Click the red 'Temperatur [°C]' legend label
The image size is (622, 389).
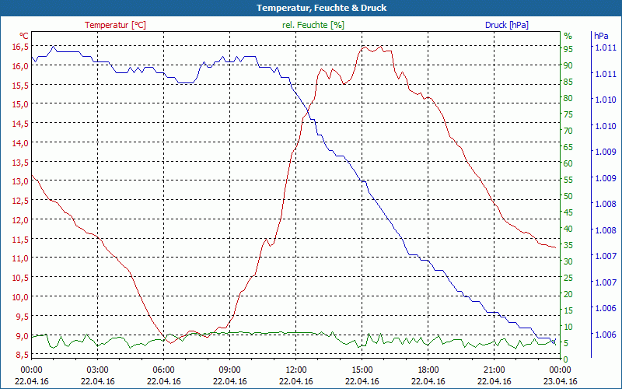point(115,25)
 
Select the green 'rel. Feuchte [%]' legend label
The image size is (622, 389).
point(313,25)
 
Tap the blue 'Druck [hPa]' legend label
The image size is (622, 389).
point(507,25)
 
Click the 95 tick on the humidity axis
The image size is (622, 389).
point(568,49)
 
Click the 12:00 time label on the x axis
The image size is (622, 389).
point(296,370)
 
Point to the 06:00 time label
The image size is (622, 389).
point(164,370)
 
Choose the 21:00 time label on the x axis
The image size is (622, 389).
point(494,370)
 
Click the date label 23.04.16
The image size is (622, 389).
point(561,381)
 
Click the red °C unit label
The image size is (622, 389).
point(24,36)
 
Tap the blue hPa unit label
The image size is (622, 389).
point(601,36)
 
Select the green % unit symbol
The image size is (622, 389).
point(568,36)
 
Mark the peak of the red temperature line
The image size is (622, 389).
point(363,47)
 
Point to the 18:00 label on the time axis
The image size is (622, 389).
point(428,370)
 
